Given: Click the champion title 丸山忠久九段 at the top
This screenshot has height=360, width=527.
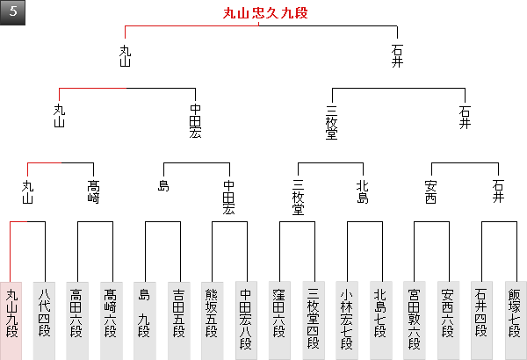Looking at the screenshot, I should pos(264,13).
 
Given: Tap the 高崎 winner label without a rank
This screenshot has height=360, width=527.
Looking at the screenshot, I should pos(95,191).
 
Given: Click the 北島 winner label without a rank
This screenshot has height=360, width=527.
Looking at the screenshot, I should pos(364,191).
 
